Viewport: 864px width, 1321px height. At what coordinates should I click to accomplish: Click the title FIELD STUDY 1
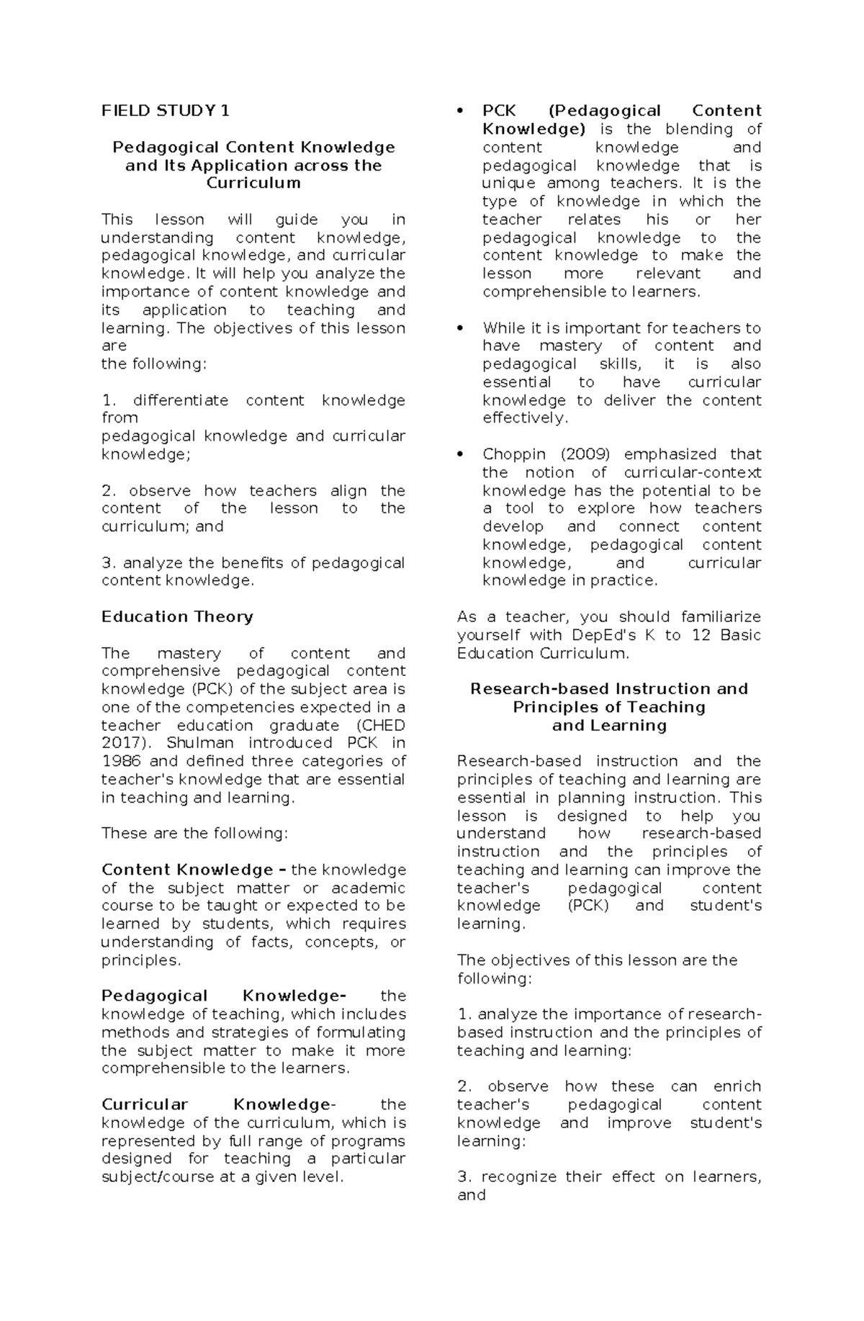coord(165,111)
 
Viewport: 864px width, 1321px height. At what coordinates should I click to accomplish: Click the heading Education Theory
coord(177,617)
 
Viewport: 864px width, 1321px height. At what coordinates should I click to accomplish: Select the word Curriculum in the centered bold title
coord(253,183)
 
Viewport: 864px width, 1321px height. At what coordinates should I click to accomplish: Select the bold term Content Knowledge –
coord(193,870)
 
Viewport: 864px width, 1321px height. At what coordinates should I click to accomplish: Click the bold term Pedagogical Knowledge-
coord(223,996)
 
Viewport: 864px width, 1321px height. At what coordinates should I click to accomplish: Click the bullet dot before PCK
coord(459,112)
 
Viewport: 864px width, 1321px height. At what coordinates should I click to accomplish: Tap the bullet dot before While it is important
coord(459,328)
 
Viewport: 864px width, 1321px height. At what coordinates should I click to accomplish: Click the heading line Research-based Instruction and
coord(609,689)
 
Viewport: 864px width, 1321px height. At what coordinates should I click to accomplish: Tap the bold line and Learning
coord(609,725)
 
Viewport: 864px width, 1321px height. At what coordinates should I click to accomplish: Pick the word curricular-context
coord(692,472)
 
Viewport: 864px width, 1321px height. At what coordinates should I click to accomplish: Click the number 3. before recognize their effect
coord(464,1177)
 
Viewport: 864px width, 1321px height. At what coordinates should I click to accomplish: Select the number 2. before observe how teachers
coord(109,491)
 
